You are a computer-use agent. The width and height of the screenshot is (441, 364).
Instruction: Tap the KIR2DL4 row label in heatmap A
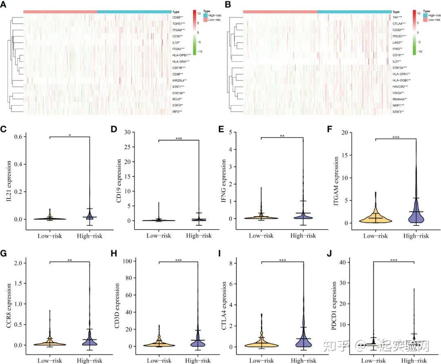pyautogui.click(x=179, y=80)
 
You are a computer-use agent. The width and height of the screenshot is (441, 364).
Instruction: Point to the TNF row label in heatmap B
pyautogui.click(x=397, y=18)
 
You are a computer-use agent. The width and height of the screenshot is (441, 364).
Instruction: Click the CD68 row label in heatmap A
pyautogui.click(x=178, y=18)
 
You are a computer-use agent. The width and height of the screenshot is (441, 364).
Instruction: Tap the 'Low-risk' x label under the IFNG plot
pyautogui.click(x=261, y=236)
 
